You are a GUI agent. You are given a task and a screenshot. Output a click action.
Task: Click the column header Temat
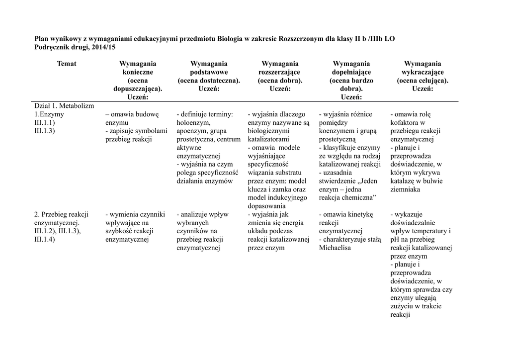click(x=67, y=64)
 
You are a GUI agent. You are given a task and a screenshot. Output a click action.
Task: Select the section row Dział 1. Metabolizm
click(x=64, y=106)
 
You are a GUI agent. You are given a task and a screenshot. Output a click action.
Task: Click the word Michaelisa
click(x=335, y=248)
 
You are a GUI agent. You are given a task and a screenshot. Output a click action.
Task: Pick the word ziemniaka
click(x=405, y=189)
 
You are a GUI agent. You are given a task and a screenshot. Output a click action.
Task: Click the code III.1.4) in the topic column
click(x=45, y=239)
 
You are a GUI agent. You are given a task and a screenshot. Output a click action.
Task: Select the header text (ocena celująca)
click(x=423, y=81)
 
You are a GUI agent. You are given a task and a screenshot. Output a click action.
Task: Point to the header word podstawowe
click(x=209, y=72)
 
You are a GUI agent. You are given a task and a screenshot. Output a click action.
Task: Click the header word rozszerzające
click(x=279, y=72)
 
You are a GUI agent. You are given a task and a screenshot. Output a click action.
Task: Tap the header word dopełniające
click(x=351, y=72)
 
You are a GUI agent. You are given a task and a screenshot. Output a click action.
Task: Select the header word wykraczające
click(x=423, y=72)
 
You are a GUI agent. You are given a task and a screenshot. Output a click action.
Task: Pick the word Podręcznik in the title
click(x=52, y=47)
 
